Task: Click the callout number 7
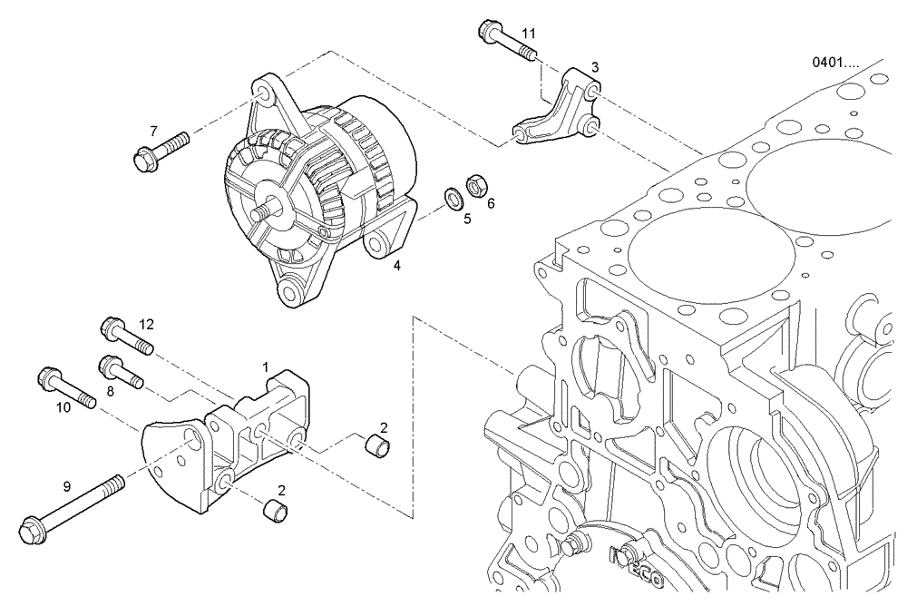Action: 153,131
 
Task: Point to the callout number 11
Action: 529,34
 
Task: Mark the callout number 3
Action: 594,67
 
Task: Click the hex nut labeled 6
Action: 473,188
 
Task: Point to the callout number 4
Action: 396,266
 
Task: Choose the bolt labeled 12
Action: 128,336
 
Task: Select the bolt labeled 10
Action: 67,387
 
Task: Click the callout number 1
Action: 266,367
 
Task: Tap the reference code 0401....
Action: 841,64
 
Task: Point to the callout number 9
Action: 67,486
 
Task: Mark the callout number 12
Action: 147,323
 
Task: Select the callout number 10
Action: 63,408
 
